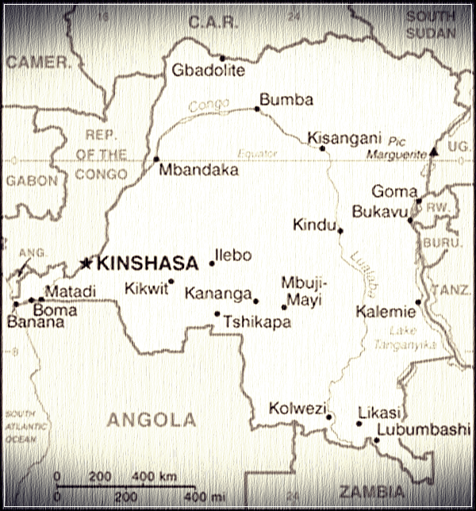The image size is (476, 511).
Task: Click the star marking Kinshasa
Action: point(86,263)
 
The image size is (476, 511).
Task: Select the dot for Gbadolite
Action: point(222,58)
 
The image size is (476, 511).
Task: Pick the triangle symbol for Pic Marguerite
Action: point(434,150)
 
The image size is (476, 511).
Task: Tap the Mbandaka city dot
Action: point(156,159)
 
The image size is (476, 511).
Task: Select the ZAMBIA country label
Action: point(370,491)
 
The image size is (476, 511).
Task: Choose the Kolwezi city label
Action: point(297,409)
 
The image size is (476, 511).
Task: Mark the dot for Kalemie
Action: point(418,302)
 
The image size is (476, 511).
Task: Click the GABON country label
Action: point(32,180)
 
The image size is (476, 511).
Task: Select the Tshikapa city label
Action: point(256,322)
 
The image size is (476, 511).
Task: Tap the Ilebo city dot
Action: point(212,263)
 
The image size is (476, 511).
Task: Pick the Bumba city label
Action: point(286,100)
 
